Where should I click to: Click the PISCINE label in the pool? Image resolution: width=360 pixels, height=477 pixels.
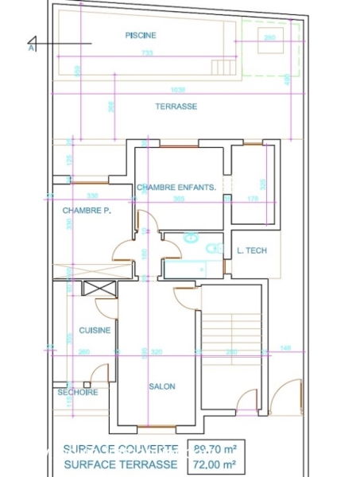[x=141, y=35]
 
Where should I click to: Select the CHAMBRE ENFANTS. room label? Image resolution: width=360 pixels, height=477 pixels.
[x=176, y=188]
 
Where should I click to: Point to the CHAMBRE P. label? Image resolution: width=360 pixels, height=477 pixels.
[x=86, y=211]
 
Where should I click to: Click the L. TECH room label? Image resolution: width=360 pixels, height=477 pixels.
[x=252, y=250]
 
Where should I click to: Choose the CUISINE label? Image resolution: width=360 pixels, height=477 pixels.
[x=94, y=330]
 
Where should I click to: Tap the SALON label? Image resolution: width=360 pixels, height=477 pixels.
[x=161, y=386]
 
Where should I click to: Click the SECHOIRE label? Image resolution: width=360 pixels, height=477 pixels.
[x=77, y=392]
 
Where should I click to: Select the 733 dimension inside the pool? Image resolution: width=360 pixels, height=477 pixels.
[x=148, y=52]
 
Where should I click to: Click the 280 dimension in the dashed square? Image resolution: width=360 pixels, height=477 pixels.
[x=269, y=37]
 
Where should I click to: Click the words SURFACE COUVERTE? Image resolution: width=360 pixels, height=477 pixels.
[x=121, y=448]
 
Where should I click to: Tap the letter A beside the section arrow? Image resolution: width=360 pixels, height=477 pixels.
[x=32, y=48]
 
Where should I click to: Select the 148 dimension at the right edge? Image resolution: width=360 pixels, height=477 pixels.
[x=286, y=348]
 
